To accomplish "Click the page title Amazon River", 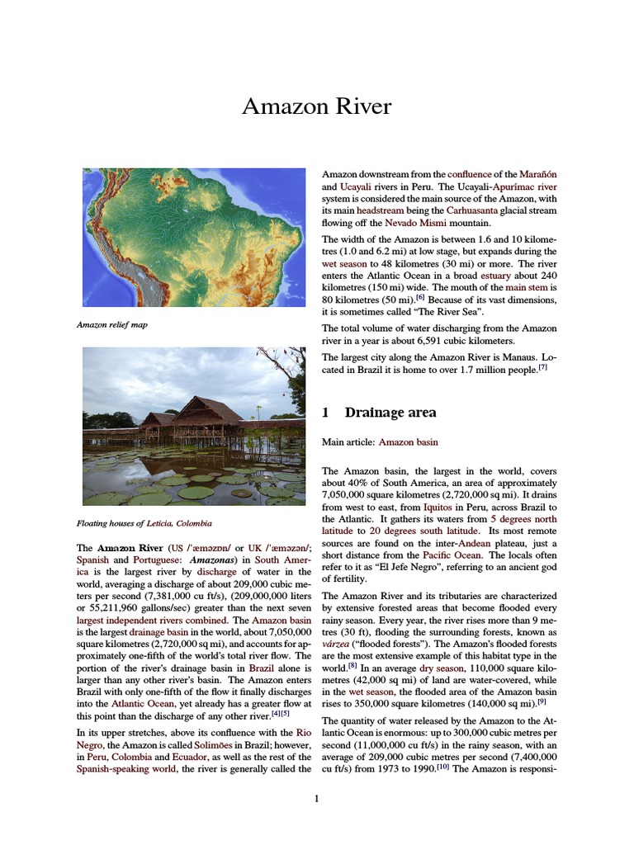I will point(316,106).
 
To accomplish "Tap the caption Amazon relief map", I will point(111,325).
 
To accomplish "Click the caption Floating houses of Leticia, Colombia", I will point(144,522).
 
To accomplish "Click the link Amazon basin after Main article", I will point(408,442).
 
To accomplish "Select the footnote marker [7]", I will point(542,368).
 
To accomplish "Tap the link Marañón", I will point(537,174).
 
